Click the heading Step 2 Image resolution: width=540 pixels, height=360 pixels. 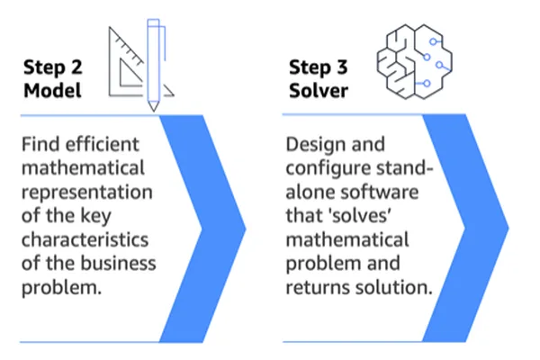click(x=53, y=67)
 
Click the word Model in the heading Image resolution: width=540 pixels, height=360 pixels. click(x=53, y=91)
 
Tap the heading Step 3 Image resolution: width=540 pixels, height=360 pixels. click(x=319, y=67)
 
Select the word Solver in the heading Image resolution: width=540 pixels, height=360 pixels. click(x=319, y=91)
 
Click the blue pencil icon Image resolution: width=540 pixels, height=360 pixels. click(x=154, y=65)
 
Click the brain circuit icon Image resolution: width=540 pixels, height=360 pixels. click(x=414, y=61)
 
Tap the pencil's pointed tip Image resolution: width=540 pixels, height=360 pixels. click(x=154, y=111)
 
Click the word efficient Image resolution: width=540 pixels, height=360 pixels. click(x=103, y=144)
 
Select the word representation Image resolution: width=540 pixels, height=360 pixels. click(x=87, y=193)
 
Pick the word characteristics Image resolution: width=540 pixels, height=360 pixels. click(x=85, y=239)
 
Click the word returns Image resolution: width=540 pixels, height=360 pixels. click(x=318, y=287)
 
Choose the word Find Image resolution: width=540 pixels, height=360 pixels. click(x=41, y=144)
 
